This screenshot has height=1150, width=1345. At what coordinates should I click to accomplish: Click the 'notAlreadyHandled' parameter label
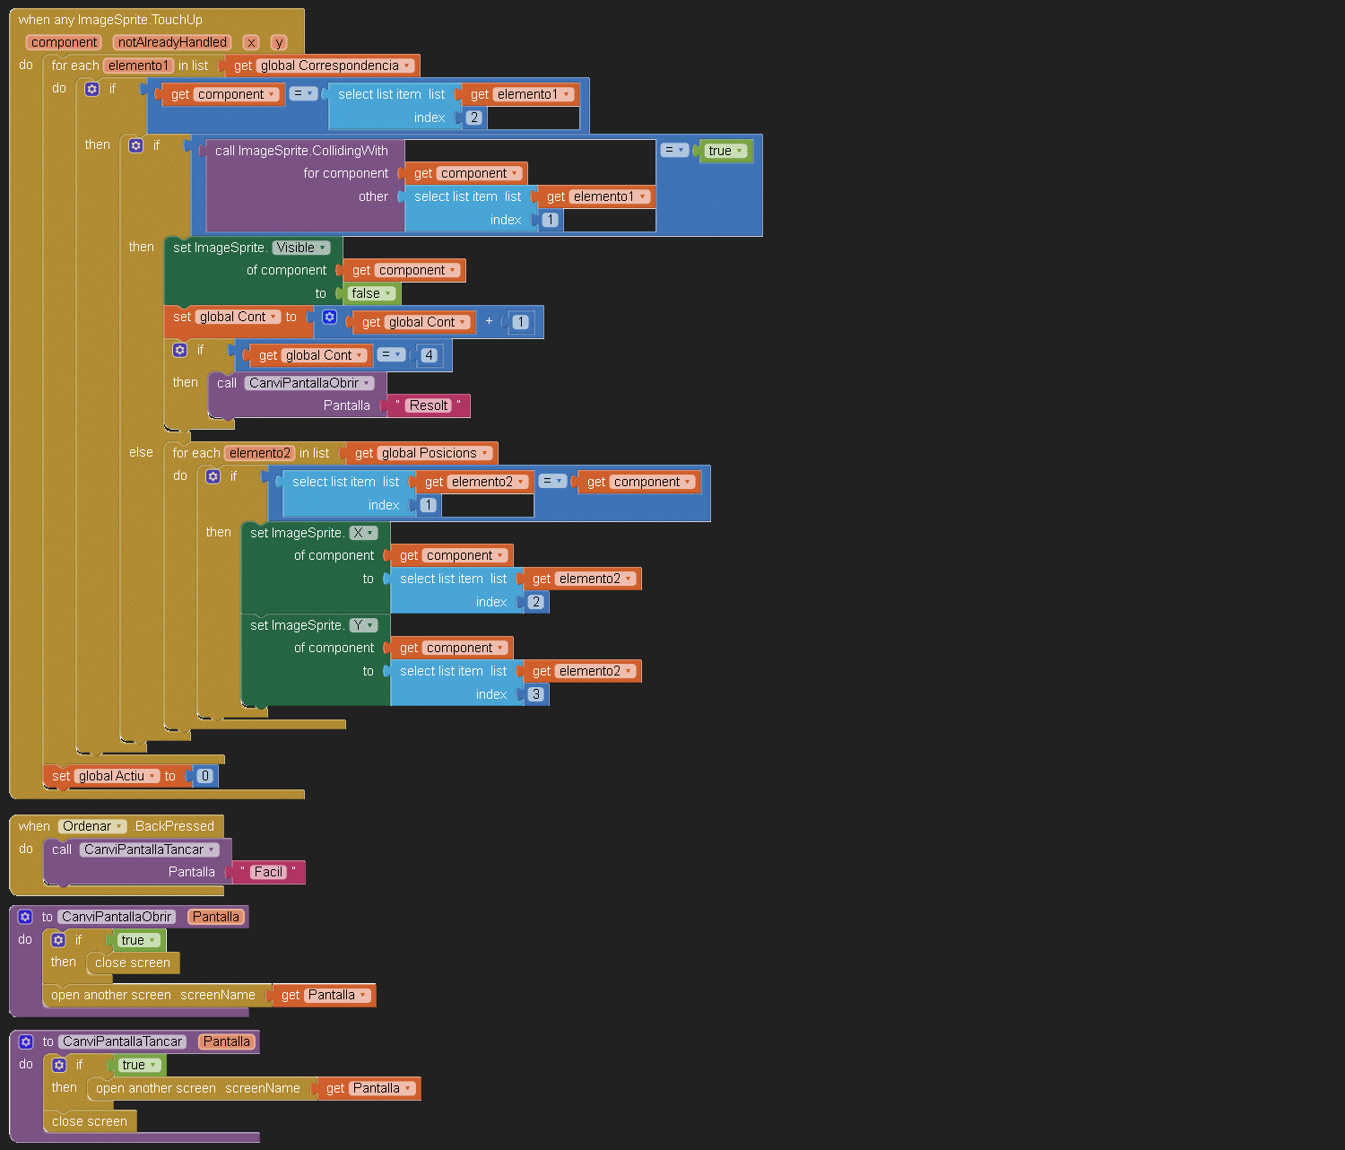172,42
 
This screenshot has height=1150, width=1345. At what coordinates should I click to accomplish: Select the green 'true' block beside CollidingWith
725,151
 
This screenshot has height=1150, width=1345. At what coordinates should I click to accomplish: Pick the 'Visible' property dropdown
301,248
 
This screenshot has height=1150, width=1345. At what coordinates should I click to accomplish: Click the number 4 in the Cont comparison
429,355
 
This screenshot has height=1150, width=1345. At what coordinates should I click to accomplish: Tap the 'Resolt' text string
429,405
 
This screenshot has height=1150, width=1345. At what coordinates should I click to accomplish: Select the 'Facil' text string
268,872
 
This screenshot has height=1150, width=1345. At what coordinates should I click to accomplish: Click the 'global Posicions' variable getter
423,453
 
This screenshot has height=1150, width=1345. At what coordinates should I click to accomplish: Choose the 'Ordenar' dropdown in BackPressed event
92,826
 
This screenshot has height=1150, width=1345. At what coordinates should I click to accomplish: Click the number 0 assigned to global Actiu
205,776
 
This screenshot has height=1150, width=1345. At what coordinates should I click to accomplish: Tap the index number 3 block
535,694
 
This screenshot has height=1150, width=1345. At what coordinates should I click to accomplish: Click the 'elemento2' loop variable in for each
260,453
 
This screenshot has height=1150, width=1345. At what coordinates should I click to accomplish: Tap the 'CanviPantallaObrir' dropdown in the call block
309,383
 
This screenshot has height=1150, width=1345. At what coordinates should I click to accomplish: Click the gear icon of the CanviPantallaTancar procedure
26,1042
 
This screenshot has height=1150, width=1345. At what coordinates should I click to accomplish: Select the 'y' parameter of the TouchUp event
279,42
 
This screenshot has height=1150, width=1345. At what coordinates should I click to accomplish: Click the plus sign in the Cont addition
490,321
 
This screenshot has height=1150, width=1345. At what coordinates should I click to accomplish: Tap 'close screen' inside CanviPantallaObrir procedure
133,963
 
